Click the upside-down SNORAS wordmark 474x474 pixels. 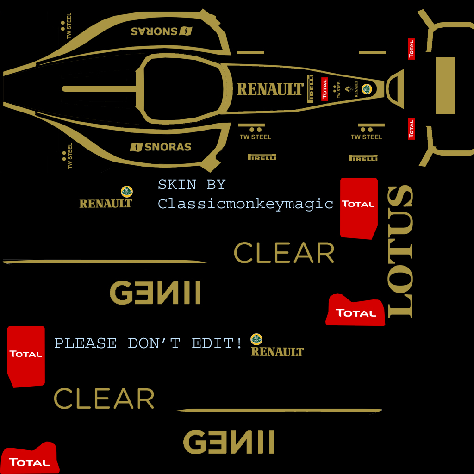161,31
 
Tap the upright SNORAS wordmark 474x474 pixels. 161,147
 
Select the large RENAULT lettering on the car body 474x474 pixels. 270,89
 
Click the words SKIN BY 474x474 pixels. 192,184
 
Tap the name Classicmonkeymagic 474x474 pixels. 245,203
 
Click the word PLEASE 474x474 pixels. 86,343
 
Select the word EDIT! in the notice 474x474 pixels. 217,343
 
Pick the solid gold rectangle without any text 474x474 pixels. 446,86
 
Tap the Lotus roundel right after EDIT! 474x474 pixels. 256,339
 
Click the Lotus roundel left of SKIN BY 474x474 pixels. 126,191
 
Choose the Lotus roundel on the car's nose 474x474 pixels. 367,89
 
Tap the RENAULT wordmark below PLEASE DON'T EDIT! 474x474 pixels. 277,352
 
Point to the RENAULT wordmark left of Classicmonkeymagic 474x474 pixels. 106,203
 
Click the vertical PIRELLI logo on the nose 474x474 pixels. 311,88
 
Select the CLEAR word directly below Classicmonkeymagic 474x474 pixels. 284,253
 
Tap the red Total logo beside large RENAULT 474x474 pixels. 324,89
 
